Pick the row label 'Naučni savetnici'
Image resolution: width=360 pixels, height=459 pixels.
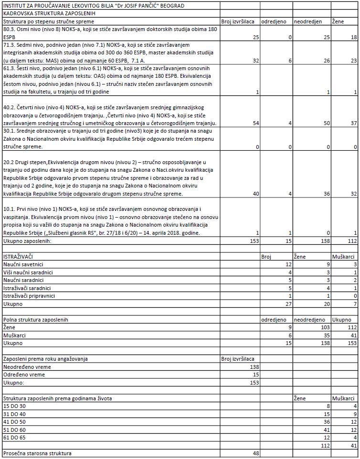point(23,264)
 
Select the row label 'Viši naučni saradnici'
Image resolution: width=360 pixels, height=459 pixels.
point(28,272)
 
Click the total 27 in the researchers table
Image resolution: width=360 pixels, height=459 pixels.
point(288,304)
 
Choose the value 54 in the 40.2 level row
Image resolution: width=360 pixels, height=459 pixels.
point(255,123)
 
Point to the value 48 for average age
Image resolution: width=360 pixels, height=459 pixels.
point(255,453)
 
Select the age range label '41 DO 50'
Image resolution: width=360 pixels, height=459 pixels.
point(15,422)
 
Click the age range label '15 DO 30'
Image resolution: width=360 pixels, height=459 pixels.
point(15,406)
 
